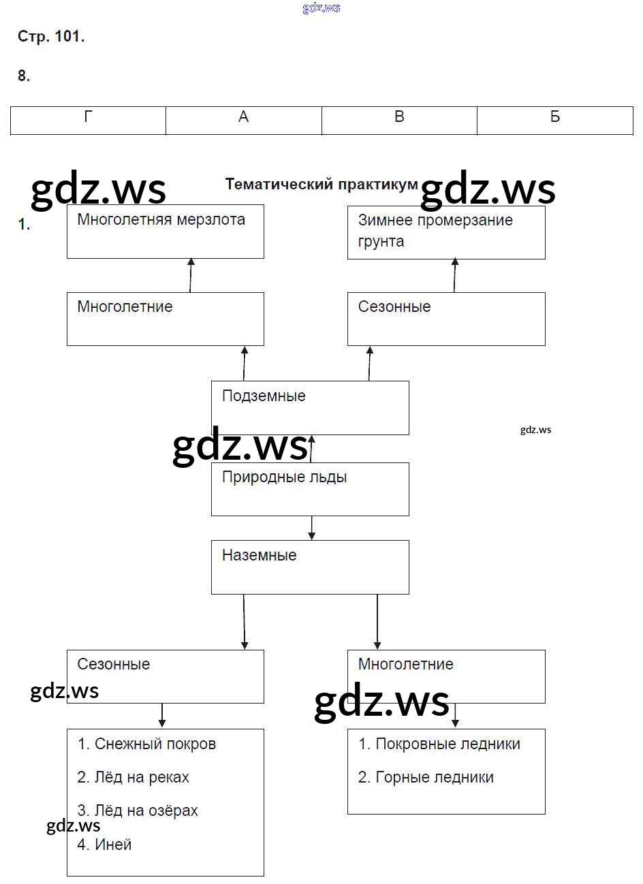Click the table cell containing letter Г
point(88,120)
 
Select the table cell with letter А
point(243,120)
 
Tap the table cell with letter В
point(399,120)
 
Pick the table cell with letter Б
point(555,120)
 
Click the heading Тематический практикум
point(321,184)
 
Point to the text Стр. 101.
point(51,37)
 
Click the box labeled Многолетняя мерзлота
point(165,232)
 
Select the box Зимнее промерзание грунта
point(446,232)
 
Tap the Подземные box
point(310,407)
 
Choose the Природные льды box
point(310,489)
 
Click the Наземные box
point(310,567)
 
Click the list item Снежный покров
point(146,744)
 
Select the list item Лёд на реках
point(133,777)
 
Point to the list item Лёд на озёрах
point(138,810)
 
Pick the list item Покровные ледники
point(439,744)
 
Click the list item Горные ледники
point(426,777)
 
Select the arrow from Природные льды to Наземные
point(311,528)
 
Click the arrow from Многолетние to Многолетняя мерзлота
point(191,275)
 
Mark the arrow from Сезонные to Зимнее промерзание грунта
point(455,275)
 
